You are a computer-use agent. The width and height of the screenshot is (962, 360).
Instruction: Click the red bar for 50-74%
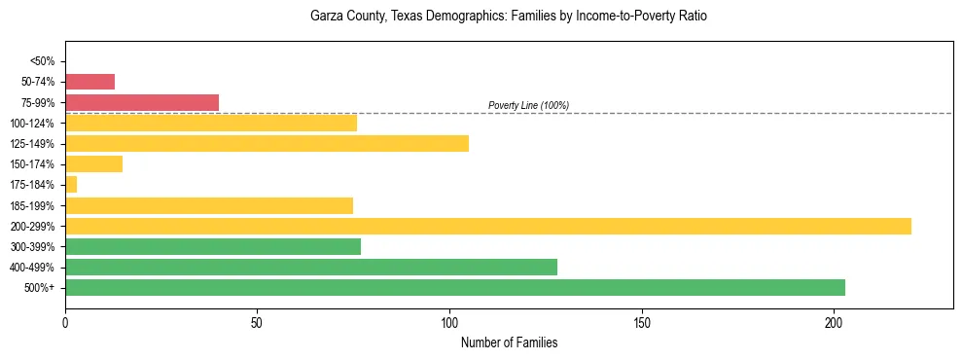(89, 82)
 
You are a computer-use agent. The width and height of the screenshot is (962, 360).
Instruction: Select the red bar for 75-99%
(142, 102)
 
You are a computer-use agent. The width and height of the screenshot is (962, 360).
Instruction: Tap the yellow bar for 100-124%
(211, 123)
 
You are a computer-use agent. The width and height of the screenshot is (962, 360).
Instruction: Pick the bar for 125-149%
(267, 143)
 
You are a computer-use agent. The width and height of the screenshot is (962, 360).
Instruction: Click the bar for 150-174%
(93, 164)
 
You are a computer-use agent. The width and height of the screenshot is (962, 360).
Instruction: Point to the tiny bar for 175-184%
(71, 185)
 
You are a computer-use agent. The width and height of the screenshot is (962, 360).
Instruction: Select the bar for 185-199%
(209, 205)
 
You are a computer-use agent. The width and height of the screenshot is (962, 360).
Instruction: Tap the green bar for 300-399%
(213, 246)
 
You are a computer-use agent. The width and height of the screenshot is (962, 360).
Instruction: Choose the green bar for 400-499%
(311, 268)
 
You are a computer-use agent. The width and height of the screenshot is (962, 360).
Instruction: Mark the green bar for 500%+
(455, 288)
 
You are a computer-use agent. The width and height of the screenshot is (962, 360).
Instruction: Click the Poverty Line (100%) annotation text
(528, 105)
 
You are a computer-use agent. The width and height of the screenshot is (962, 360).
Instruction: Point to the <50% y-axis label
(43, 61)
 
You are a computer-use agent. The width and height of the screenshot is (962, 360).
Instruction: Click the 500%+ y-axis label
(41, 288)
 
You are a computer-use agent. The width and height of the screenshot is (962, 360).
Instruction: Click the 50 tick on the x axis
(257, 322)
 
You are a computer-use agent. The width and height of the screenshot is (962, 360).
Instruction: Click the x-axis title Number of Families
(509, 342)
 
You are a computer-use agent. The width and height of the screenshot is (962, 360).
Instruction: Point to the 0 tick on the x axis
(65, 322)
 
